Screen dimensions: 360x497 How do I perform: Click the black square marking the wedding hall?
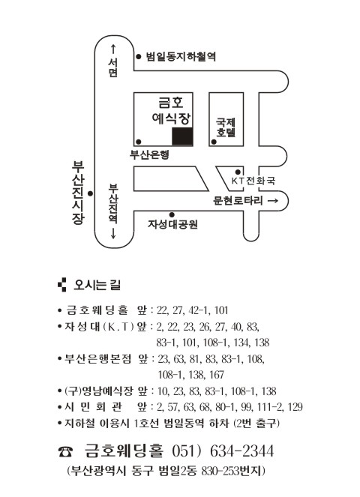182,136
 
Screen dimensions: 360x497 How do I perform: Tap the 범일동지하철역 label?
181,56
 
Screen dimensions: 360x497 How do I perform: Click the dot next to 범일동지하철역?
139,56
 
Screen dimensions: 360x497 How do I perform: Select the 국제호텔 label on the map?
226,127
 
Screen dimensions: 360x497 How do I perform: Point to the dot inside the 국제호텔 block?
214,142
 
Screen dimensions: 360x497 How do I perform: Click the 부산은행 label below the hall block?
149,154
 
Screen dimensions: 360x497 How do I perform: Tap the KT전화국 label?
253,181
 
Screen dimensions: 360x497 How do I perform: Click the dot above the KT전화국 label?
238,172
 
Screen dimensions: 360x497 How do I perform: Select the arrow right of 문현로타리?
273,201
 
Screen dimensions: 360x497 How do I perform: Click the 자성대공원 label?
172,224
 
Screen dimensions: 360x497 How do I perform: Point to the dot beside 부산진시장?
91,193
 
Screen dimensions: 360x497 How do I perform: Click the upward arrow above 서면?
113,49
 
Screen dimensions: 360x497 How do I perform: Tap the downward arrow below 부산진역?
113,232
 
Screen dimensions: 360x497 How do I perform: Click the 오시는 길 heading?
97,285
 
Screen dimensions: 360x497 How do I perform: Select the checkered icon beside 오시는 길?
62,285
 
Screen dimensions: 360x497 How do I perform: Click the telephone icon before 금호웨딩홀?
65,451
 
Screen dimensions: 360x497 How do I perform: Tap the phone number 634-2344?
241,451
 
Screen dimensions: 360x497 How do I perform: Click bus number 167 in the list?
217,375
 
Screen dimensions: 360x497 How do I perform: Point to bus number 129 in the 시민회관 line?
295,407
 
